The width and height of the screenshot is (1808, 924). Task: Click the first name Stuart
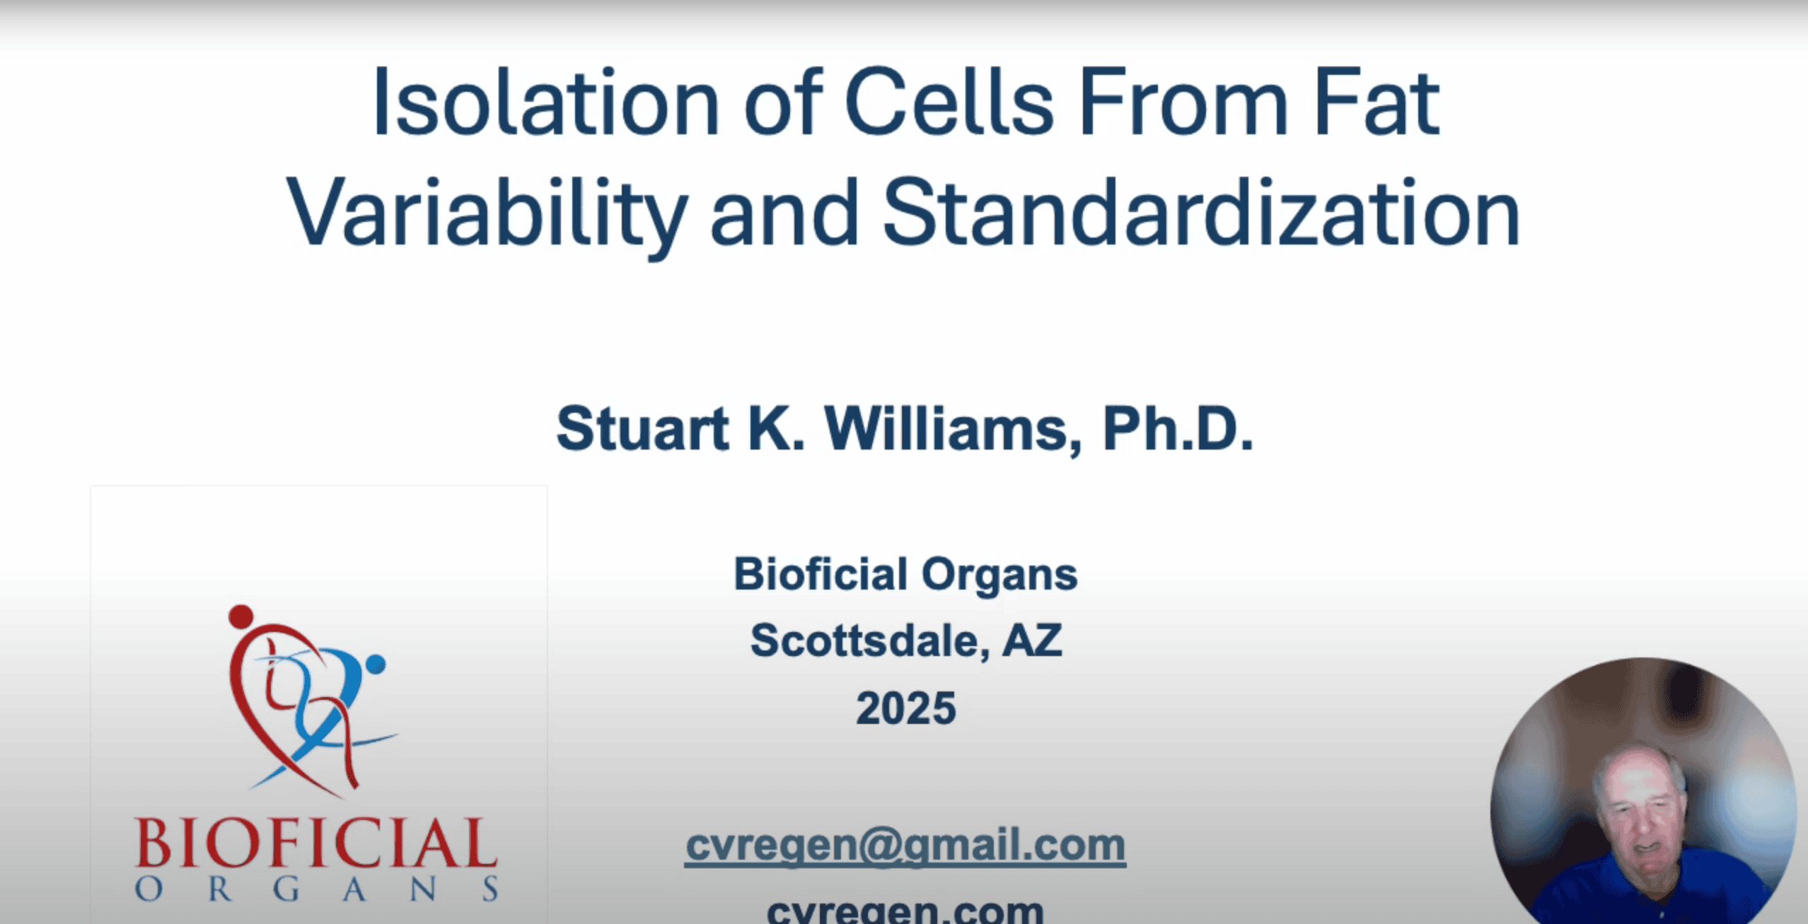642,428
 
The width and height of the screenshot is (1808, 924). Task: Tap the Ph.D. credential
1178,428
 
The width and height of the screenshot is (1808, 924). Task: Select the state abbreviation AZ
1032,641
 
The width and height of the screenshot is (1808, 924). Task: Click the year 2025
906,708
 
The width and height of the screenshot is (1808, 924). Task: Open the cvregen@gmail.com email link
905,846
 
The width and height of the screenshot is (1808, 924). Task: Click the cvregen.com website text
905,911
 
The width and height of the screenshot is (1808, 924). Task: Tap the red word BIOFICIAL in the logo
316,842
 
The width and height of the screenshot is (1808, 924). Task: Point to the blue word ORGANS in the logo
317,889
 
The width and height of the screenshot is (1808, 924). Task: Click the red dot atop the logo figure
241,616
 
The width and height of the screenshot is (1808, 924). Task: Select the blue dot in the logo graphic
376,664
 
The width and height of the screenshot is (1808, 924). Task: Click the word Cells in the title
949,102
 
